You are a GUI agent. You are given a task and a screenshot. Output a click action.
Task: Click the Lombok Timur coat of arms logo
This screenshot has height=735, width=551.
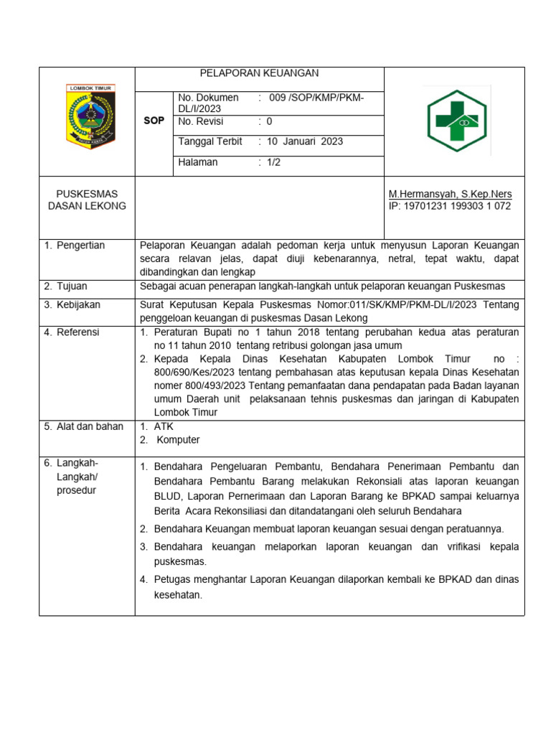coord(90,116)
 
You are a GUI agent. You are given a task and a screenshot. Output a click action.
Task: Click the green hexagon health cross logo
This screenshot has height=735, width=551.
coord(456,120)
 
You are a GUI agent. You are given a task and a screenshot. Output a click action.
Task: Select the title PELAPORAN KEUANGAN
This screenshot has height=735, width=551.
coord(259,73)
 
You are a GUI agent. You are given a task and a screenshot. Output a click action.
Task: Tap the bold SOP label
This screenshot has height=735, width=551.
coord(154,121)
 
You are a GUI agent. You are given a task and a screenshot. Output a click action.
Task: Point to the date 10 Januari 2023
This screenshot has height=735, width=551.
coord(304,141)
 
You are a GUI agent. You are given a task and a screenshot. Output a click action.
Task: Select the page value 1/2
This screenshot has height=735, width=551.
coord(274,162)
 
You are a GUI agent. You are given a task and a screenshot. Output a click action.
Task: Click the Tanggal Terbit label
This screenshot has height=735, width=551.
coord(209,141)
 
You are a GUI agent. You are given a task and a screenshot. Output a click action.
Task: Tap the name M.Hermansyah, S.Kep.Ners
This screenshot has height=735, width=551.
coord(450,195)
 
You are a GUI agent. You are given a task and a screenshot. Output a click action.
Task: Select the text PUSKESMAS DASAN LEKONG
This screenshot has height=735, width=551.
coord(87,200)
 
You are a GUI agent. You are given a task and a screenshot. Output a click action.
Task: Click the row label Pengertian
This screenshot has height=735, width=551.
coord(80,245)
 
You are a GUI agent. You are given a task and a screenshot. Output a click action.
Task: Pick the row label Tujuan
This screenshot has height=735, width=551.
coord(72,286)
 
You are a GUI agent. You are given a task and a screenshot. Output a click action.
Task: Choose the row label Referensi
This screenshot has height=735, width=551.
coord(78,332)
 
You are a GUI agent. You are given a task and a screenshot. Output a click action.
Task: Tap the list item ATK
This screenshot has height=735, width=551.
coord(164,426)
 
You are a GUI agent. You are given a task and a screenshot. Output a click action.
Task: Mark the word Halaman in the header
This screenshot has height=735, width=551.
coord(197,162)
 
